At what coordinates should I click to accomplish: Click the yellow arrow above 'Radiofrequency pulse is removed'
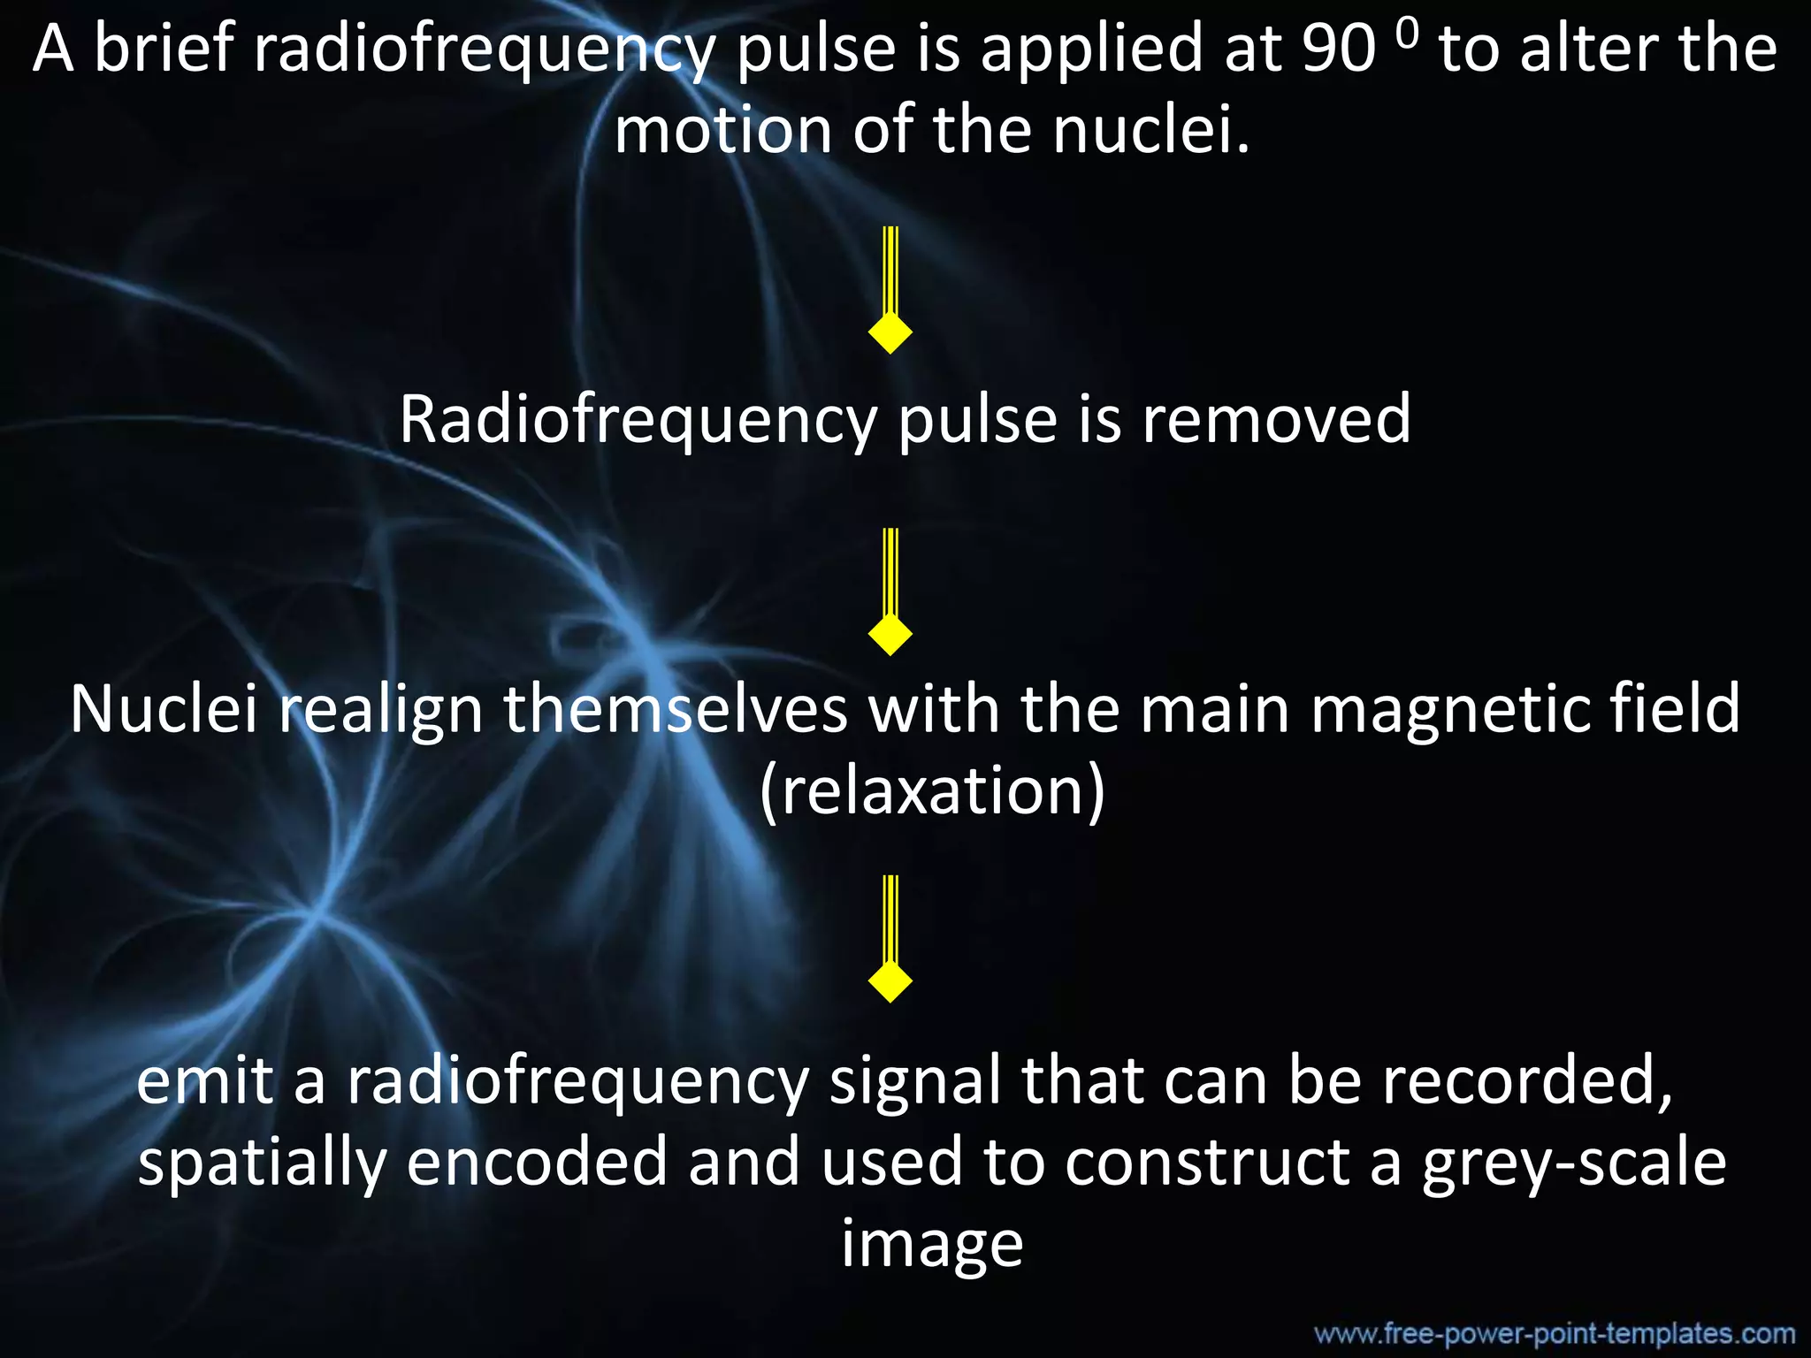click(x=890, y=291)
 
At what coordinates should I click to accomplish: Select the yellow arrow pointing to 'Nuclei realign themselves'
click(x=890, y=592)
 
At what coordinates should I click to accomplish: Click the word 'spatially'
click(x=262, y=1163)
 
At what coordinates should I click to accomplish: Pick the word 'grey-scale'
click(x=1574, y=1163)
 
